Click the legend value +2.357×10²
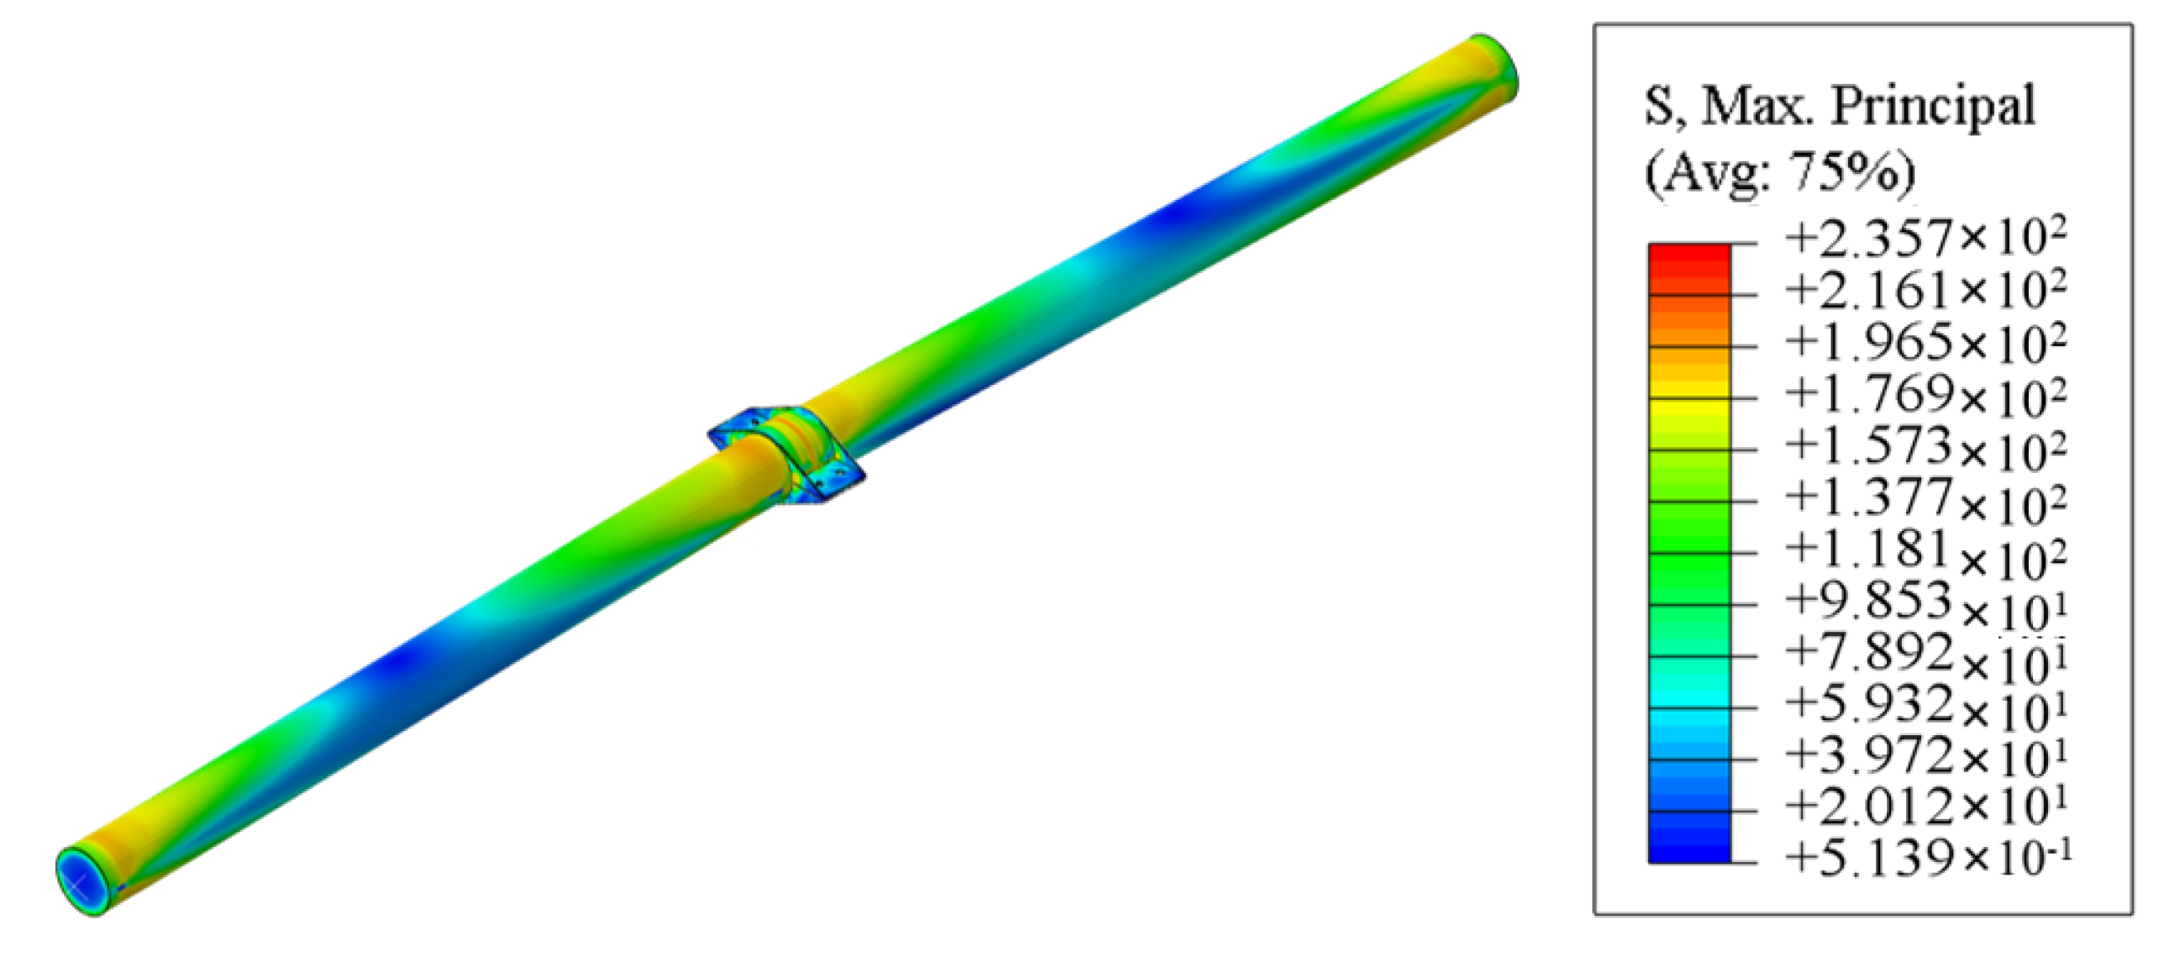(1924, 238)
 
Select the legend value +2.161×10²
(1924, 290)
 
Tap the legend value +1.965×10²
(1924, 342)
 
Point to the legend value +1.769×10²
(1924, 394)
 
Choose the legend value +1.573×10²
(1924, 446)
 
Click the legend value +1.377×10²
(1924, 499)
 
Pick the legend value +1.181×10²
(1924, 551)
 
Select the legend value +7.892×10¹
(1924, 655)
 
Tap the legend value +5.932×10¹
(1924, 706)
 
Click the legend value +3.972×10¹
(1924, 755)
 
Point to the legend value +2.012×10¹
(1924, 807)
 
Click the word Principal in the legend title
(1932, 108)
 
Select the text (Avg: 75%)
(1779, 173)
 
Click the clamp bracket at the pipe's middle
(786, 455)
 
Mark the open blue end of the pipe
(81, 881)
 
